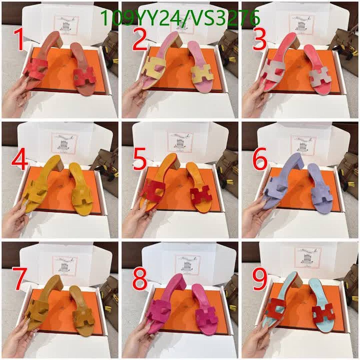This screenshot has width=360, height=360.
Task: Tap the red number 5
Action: [x=139, y=159]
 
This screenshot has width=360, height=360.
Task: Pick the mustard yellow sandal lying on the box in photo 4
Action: [x=81, y=190]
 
